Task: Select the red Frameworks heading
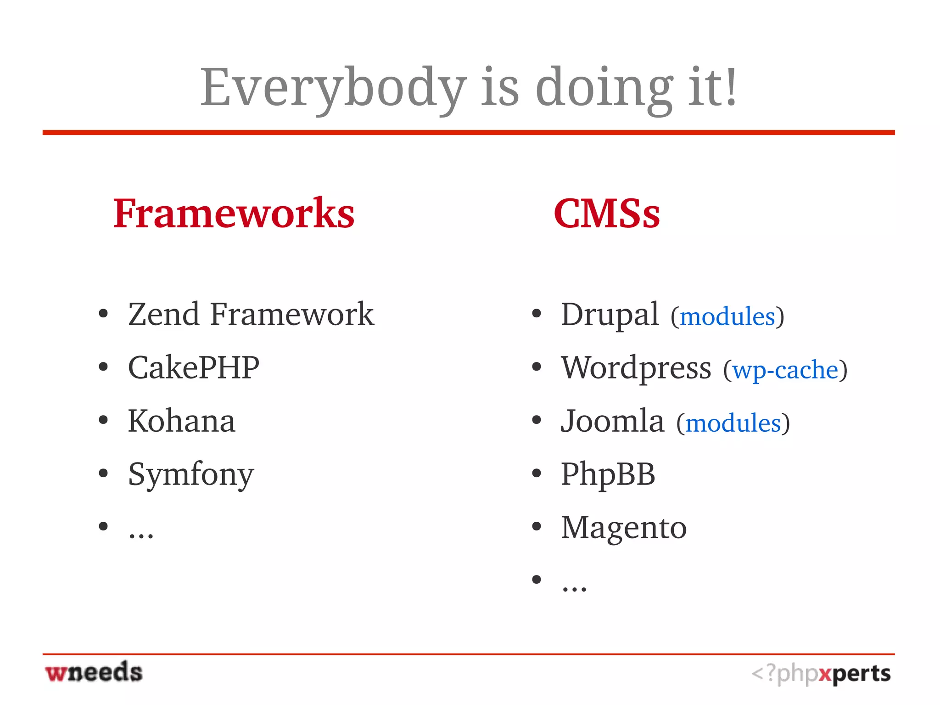pos(234,213)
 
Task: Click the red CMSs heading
pos(606,213)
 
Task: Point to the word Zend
pos(164,315)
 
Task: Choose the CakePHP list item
pos(193,368)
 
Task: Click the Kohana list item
pos(181,421)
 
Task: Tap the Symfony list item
pos(190,474)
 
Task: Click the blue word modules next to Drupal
pos(727,317)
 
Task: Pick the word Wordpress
pos(636,368)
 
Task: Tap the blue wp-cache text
pos(785,370)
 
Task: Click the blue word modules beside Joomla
pos(733,423)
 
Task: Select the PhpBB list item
pos(608,474)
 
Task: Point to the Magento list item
pos(623,528)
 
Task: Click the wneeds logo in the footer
pos(94,672)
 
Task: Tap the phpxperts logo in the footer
pos(821,674)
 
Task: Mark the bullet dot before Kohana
pos(103,420)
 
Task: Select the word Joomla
pos(612,421)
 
